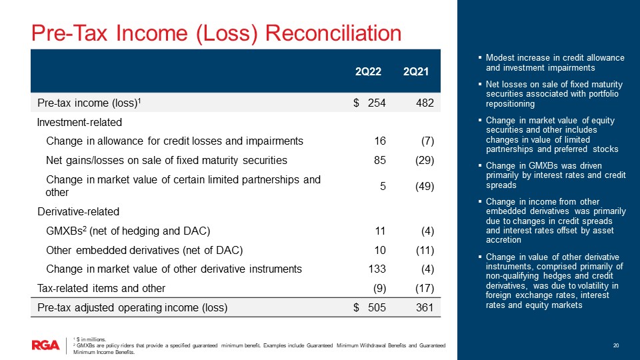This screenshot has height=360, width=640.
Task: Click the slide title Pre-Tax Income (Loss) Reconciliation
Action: click(x=217, y=33)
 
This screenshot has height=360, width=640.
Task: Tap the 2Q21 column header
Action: click(x=415, y=71)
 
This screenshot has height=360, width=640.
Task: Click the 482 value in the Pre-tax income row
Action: click(x=425, y=103)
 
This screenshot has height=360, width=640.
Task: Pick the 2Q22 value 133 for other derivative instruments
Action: click(x=379, y=269)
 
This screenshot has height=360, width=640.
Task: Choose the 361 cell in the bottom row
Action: click(x=425, y=307)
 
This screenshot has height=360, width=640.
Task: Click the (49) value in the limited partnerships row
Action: click(x=423, y=186)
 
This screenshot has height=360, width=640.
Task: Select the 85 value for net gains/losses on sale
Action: click(x=383, y=160)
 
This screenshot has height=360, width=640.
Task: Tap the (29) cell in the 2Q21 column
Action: click(x=423, y=160)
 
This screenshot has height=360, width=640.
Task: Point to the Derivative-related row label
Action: click(x=78, y=212)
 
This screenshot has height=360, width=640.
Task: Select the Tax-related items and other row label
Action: click(x=101, y=288)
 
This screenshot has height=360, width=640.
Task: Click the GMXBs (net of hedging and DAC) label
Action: click(x=128, y=231)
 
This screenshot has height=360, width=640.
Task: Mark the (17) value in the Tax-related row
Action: click(x=423, y=288)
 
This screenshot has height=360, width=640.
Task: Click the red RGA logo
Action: click(x=45, y=345)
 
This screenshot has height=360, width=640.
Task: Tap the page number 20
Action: click(x=616, y=345)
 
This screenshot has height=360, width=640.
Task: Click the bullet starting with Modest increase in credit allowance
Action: click(x=555, y=63)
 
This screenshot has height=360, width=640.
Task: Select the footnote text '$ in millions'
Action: click(x=88, y=340)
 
